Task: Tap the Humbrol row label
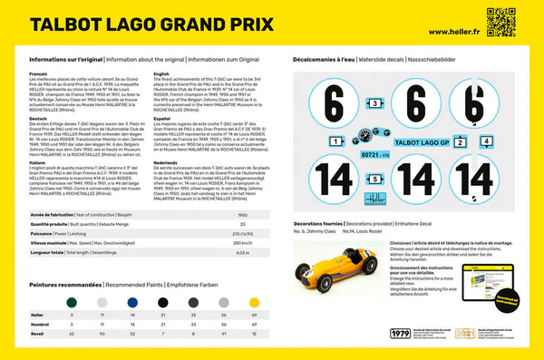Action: tap(41, 325)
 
